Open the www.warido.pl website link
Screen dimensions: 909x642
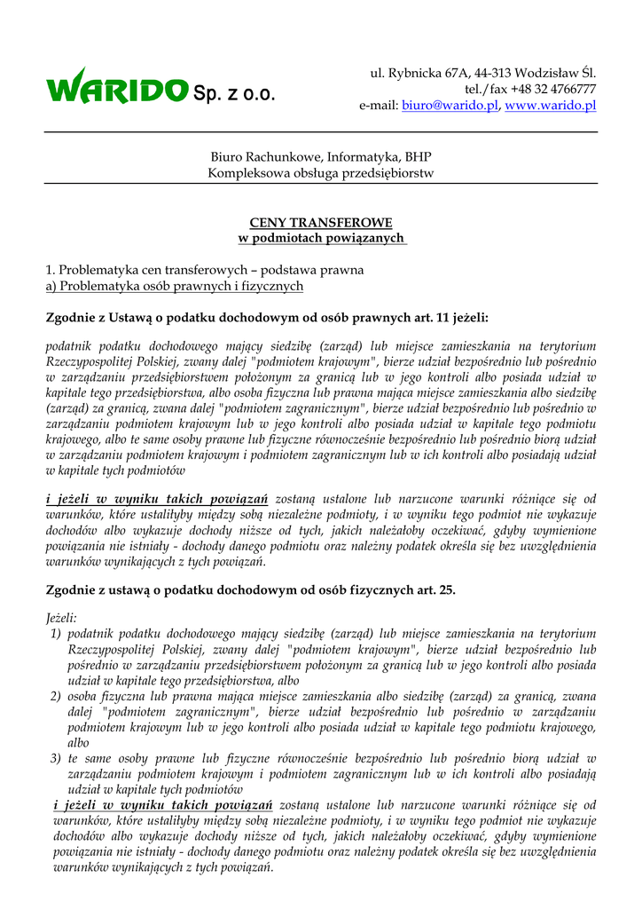point(550,106)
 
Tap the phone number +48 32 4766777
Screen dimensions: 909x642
point(554,89)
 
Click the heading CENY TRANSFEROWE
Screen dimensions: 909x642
point(321,222)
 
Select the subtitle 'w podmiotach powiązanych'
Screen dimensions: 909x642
point(321,238)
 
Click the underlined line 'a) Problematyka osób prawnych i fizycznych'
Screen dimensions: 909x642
point(175,286)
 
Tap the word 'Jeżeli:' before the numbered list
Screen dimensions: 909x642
point(62,617)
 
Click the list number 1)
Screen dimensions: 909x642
point(55,634)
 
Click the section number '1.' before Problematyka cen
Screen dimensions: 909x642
point(51,270)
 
